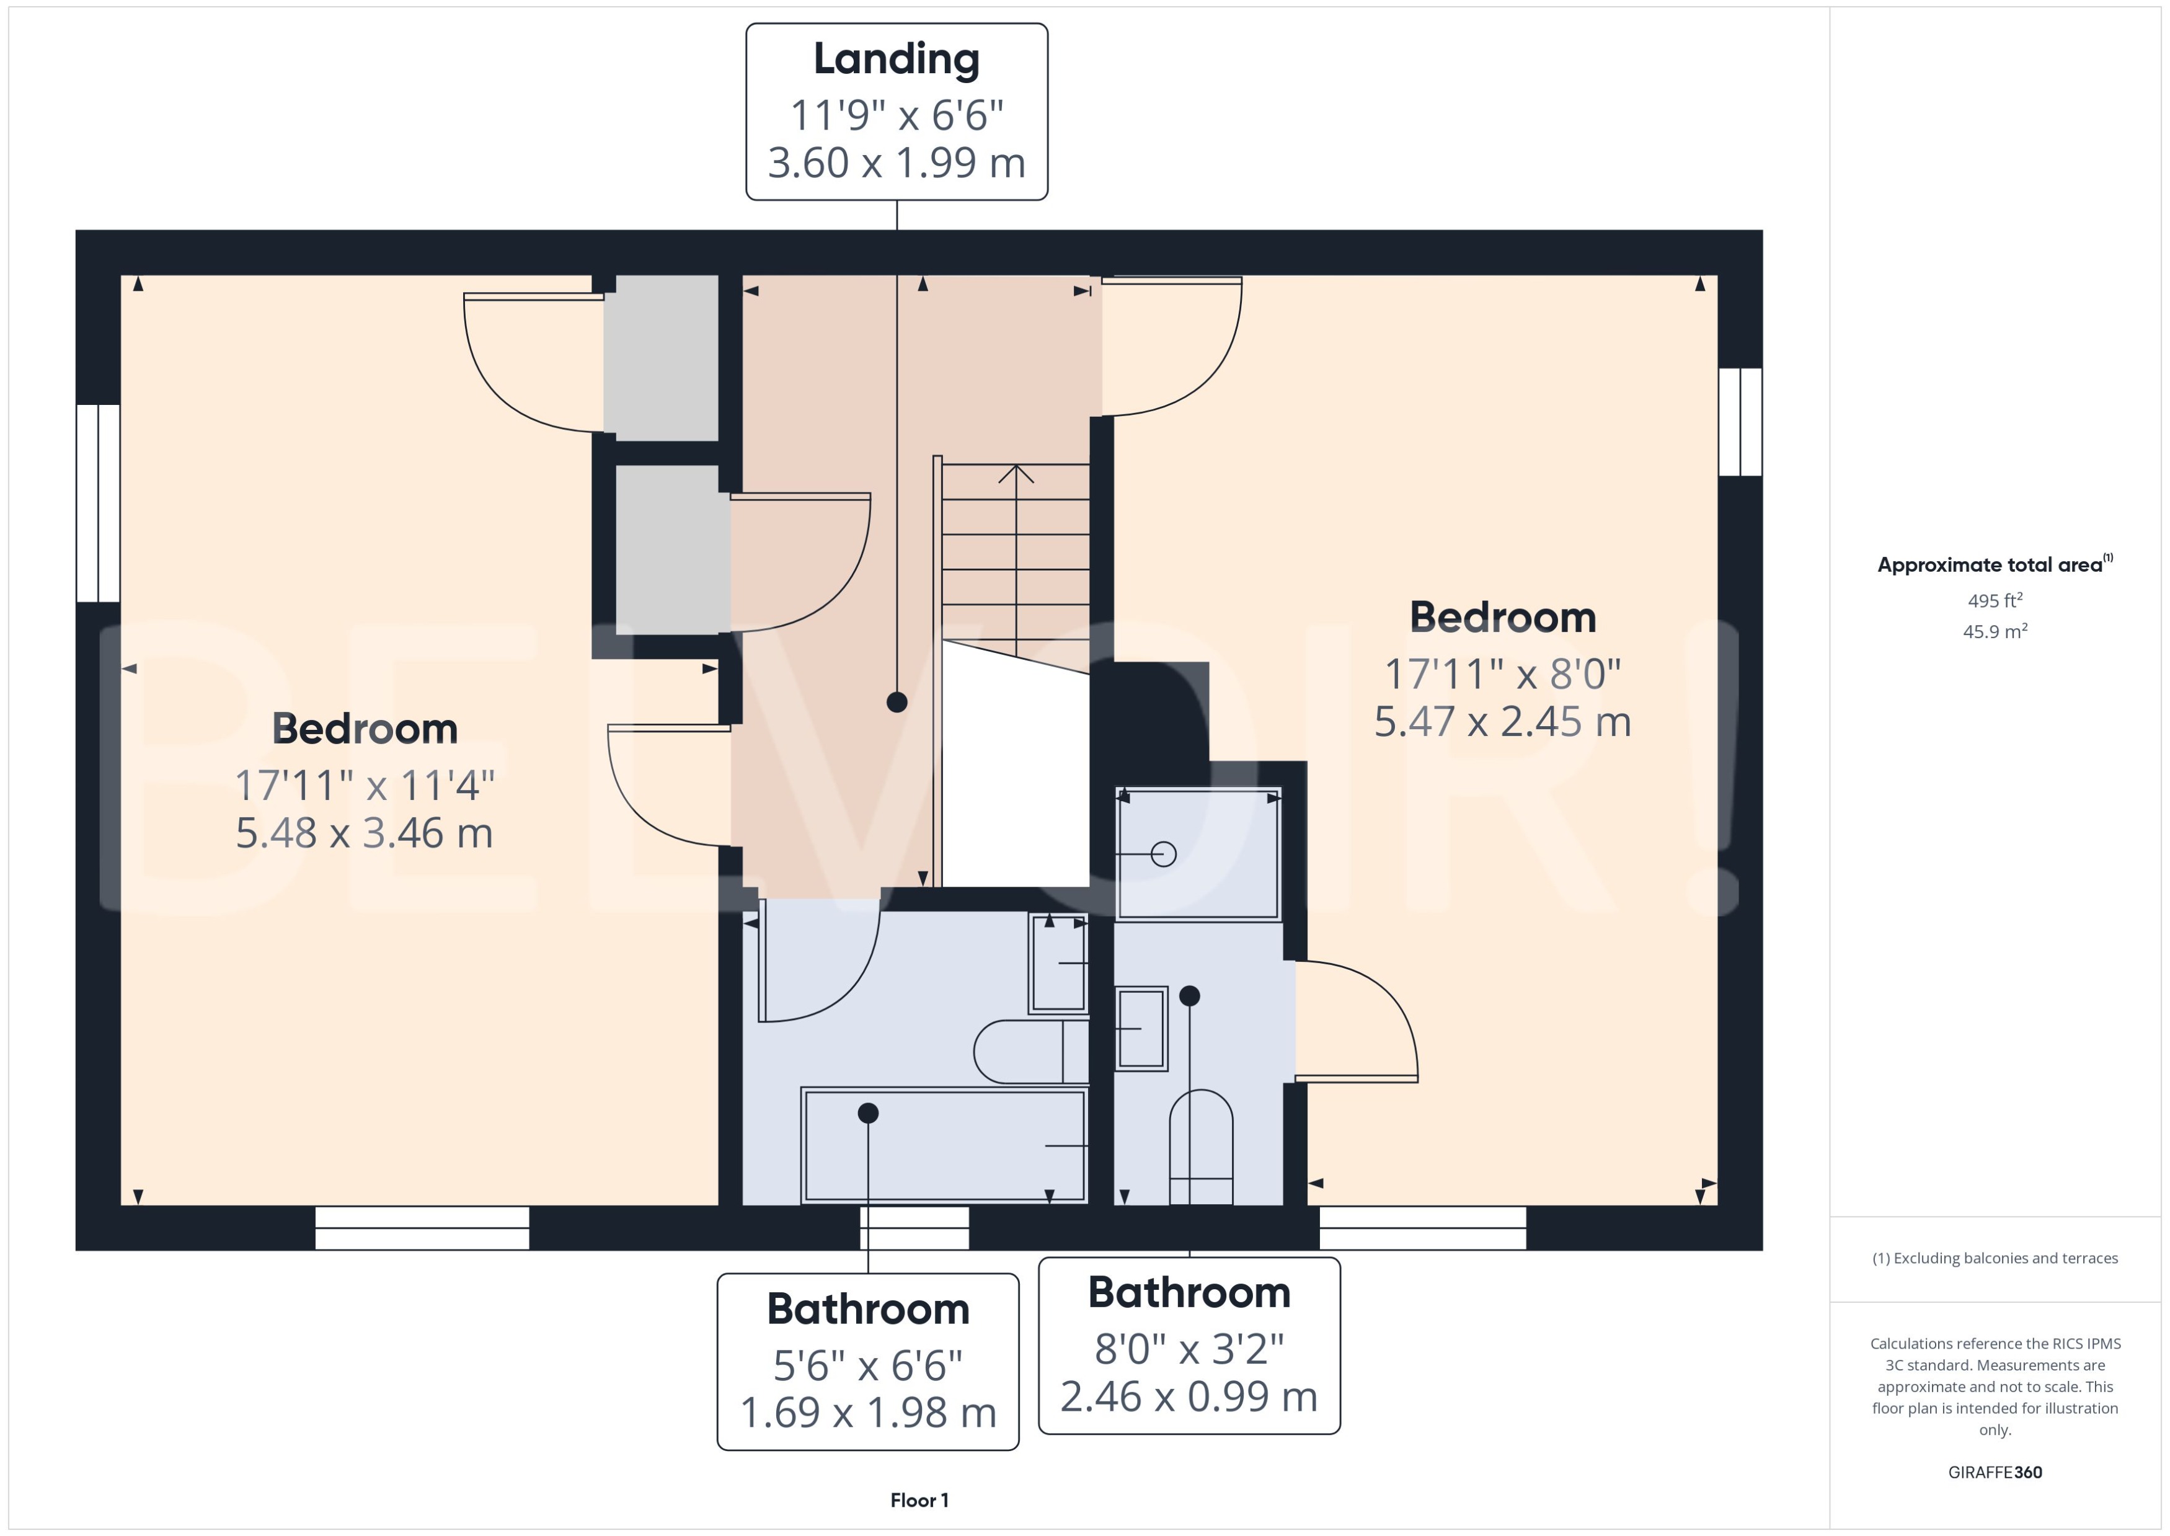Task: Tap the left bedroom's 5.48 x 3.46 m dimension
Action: pos(364,833)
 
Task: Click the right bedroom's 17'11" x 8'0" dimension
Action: pos(1502,675)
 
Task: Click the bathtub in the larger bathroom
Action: pos(944,1145)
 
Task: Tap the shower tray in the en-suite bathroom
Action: pos(1197,854)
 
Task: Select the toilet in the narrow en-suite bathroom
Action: pos(1201,1147)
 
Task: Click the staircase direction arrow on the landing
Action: pos(1016,473)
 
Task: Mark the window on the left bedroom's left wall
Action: pos(99,503)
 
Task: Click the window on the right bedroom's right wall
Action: pos(1740,422)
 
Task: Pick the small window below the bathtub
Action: pos(914,1228)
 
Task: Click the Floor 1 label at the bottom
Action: pos(919,1500)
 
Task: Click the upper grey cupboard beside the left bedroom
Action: pos(661,358)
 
